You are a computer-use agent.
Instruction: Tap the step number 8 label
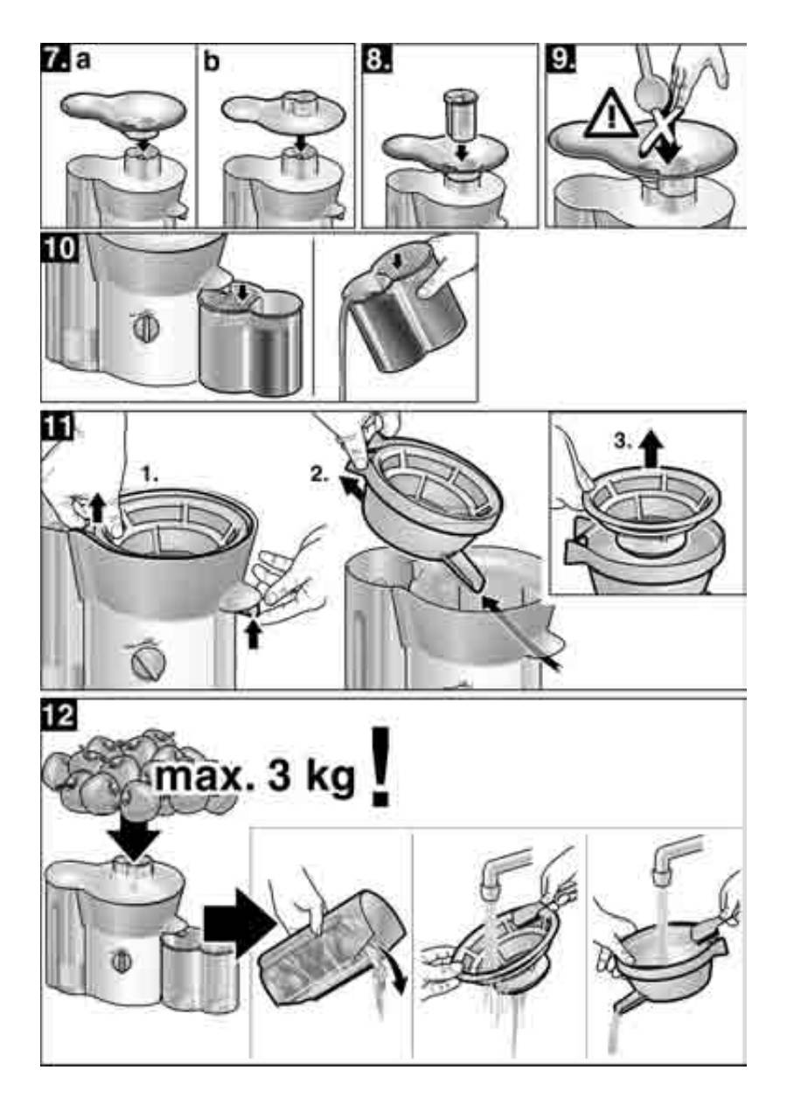pyautogui.click(x=378, y=60)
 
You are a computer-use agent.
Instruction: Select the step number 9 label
pyautogui.click(x=561, y=60)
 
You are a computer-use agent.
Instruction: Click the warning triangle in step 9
pyautogui.click(x=612, y=115)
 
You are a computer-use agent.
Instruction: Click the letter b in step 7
pyautogui.click(x=212, y=62)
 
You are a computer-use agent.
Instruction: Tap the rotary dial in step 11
pyautogui.click(x=149, y=664)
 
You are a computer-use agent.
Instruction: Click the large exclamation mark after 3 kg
pyautogui.click(x=380, y=767)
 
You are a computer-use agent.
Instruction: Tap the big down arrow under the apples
pyautogui.click(x=134, y=836)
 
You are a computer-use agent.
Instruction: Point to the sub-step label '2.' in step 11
pyautogui.click(x=319, y=474)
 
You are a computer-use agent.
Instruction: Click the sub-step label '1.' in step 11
pyautogui.click(x=150, y=475)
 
